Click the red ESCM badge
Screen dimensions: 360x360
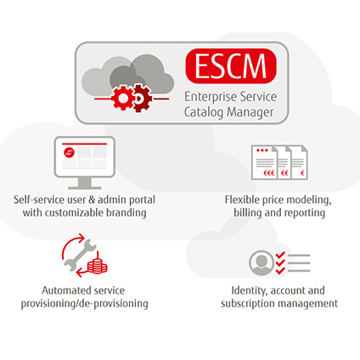(x=231, y=66)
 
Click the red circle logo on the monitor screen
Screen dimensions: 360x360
(x=69, y=153)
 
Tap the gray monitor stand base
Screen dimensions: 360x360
(x=85, y=188)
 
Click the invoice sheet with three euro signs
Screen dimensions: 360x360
(x=265, y=163)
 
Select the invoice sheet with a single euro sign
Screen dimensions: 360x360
(x=300, y=163)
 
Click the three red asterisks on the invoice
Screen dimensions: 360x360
(x=262, y=150)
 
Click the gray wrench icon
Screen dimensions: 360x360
(x=81, y=256)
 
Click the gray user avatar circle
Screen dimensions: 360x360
(x=262, y=262)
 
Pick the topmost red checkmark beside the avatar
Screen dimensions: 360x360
(x=280, y=256)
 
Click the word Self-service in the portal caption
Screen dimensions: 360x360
(x=39, y=200)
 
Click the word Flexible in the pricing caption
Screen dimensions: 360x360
(x=242, y=200)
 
